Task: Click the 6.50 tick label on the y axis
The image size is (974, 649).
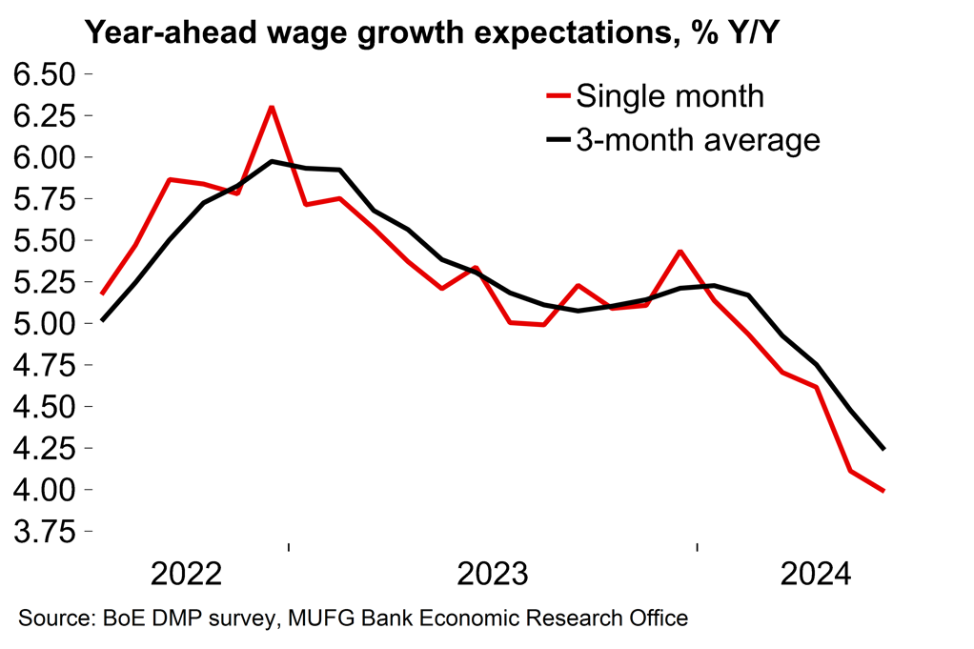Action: point(41,73)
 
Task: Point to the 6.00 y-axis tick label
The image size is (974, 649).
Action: point(41,157)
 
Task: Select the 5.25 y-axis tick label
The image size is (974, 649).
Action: point(41,282)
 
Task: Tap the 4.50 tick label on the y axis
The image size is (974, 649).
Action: point(41,407)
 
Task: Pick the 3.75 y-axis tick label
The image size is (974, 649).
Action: point(41,532)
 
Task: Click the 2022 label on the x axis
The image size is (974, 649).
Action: point(186,575)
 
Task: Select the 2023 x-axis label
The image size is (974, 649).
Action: point(493,575)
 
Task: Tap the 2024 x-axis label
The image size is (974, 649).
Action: point(816,575)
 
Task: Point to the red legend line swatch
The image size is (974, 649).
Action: point(558,95)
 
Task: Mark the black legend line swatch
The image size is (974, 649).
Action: point(558,139)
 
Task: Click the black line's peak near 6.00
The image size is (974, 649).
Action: point(273,161)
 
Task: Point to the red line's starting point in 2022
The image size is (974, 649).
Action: point(102,294)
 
